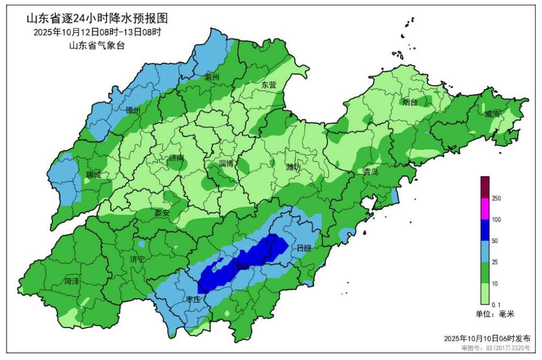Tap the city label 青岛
click(x=371, y=172)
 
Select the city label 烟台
click(x=410, y=102)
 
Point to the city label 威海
click(x=493, y=114)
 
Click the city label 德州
click(x=133, y=111)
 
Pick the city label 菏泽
click(x=72, y=281)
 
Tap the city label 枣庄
click(x=193, y=299)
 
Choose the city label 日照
click(x=304, y=248)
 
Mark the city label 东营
click(x=269, y=84)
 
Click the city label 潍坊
click(x=293, y=168)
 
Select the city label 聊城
click(x=93, y=175)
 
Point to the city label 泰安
click(x=161, y=213)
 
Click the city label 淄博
click(x=226, y=163)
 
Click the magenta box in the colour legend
click(x=485, y=209)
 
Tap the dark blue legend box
click(x=485, y=230)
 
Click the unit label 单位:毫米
click(x=495, y=314)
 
